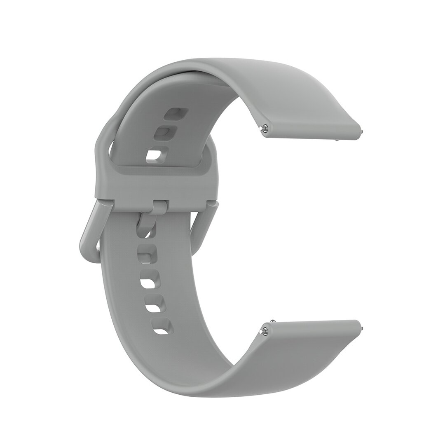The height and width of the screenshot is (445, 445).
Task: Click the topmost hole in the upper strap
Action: pos(173,113)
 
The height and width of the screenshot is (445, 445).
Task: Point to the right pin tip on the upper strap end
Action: pos(361,132)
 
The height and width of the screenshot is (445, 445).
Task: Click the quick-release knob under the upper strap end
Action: pos(337,140)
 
